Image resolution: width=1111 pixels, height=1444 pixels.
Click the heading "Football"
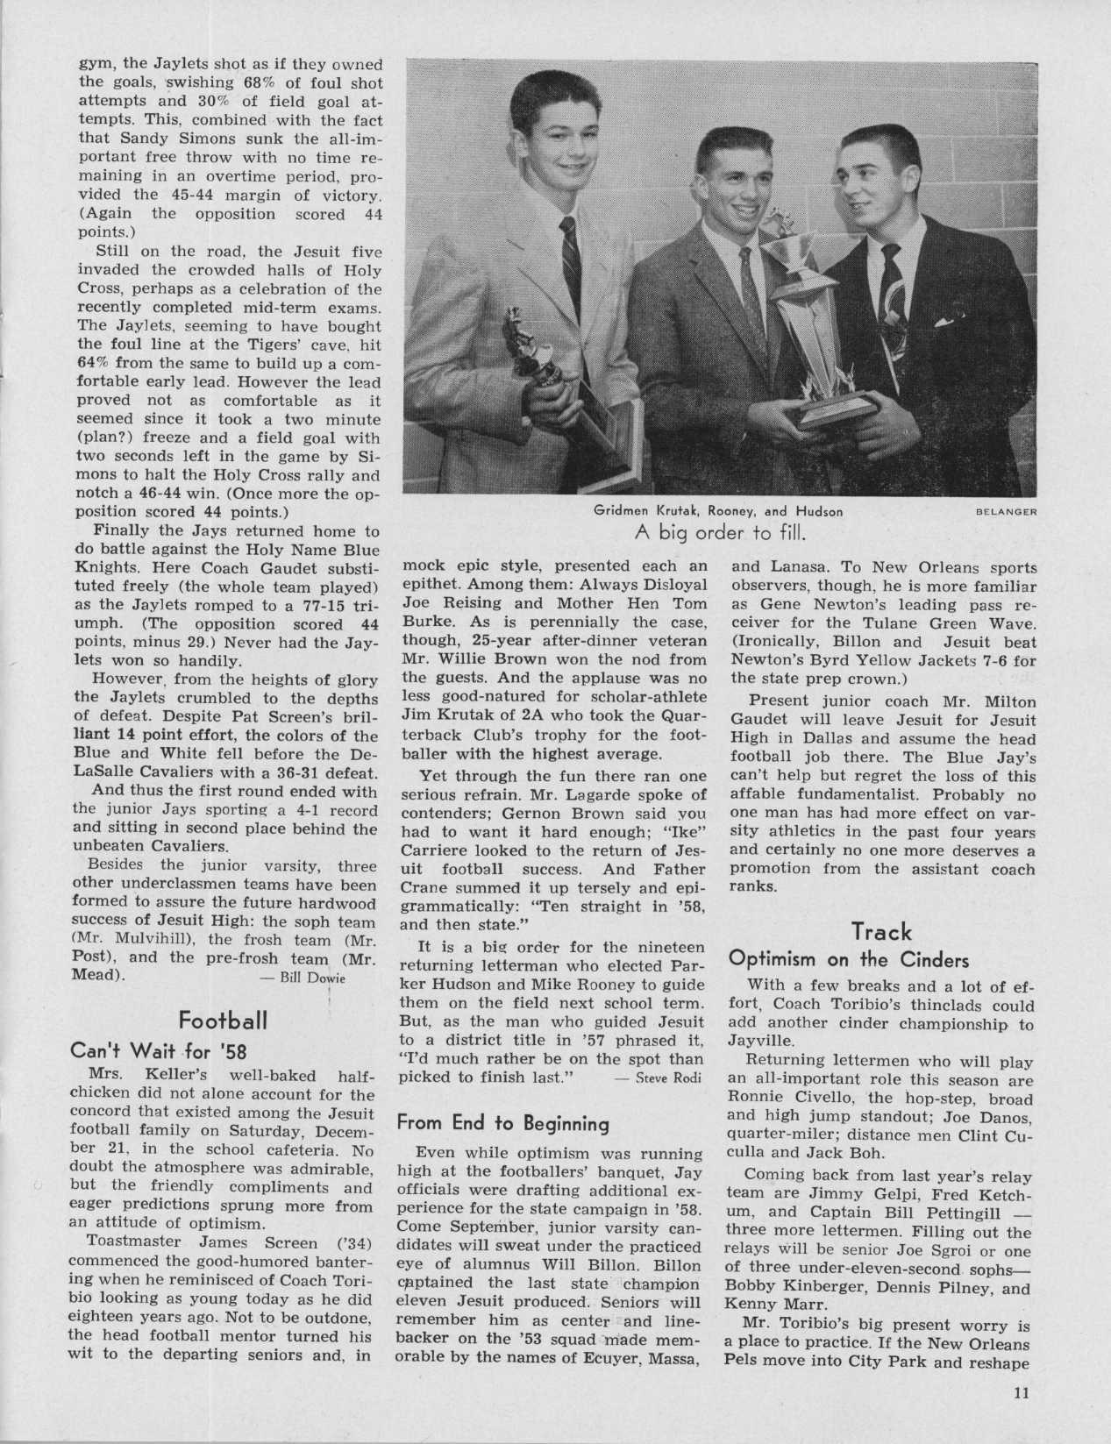click(222, 1020)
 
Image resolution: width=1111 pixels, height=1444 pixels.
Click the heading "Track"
click(881, 932)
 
